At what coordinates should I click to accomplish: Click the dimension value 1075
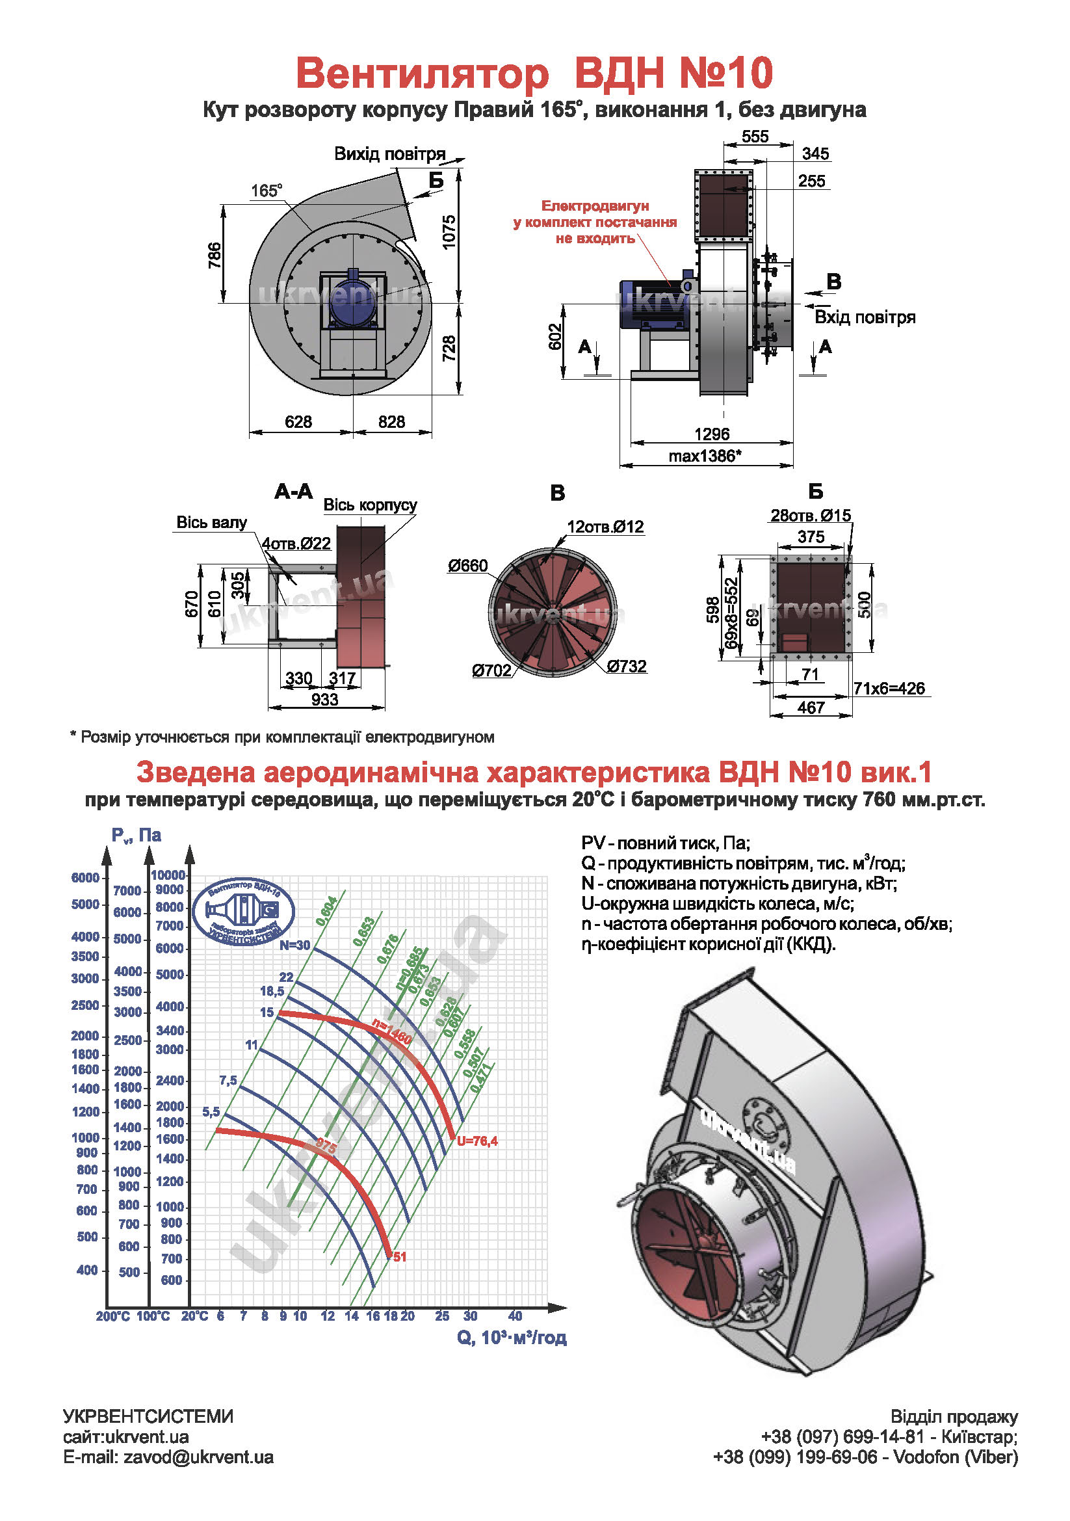point(450,232)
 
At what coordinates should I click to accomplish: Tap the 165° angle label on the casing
point(266,191)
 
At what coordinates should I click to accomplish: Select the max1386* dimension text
point(705,456)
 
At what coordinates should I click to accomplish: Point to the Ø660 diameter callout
point(467,566)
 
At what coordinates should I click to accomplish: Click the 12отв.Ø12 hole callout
point(605,527)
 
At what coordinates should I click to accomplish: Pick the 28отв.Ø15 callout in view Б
point(811,516)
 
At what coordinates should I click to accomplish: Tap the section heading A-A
point(293,492)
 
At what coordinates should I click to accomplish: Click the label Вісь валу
point(211,523)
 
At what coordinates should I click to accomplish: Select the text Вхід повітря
point(865,317)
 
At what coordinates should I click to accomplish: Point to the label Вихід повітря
point(389,154)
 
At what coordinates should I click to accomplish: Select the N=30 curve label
point(294,946)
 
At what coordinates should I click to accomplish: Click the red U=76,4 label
point(476,1141)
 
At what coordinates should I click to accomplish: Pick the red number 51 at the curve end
point(399,1257)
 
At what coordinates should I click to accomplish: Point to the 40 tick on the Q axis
point(515,1316)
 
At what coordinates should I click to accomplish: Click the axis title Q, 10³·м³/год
point(511,1338)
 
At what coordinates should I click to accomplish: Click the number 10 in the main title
point(750,73)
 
